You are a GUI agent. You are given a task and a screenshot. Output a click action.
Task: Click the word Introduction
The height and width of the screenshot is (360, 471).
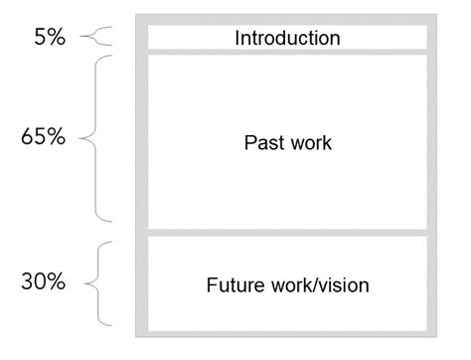coord(287,39)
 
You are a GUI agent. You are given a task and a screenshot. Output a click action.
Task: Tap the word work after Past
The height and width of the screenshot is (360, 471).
coord(308,142)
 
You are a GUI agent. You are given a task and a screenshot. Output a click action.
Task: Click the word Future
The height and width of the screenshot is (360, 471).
coord(234,285)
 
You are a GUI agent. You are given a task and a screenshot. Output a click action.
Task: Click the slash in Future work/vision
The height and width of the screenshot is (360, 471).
coord(317,285)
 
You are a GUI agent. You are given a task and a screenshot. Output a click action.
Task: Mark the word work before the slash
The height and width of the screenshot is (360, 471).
coord(290,285)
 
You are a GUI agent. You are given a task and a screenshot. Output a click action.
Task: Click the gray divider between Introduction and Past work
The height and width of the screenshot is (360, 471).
coord(287,52)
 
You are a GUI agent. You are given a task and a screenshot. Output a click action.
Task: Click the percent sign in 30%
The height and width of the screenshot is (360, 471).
coord(56,282)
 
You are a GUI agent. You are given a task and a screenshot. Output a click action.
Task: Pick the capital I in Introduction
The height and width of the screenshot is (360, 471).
coord(237,39)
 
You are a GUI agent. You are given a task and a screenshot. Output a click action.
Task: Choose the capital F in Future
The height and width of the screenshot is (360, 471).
coord(211,285)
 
